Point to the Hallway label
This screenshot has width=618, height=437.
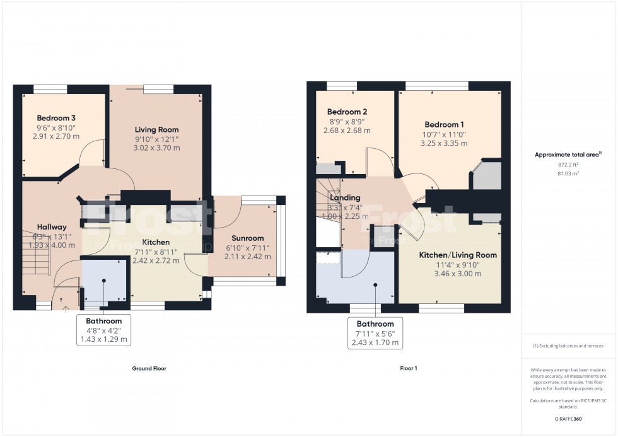click(51, 227)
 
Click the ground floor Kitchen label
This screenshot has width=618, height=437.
click(155, 242)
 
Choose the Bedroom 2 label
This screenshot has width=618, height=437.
click(343, 112)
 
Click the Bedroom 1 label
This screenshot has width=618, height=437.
click(444, 124)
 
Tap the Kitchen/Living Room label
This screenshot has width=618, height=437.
click(458, 255)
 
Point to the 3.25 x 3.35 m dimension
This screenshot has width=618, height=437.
click(444, 143)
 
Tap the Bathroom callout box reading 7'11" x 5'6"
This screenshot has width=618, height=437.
click(375, 333)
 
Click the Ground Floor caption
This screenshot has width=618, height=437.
click(149, 368)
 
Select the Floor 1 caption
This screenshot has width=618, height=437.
click(409, 368)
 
